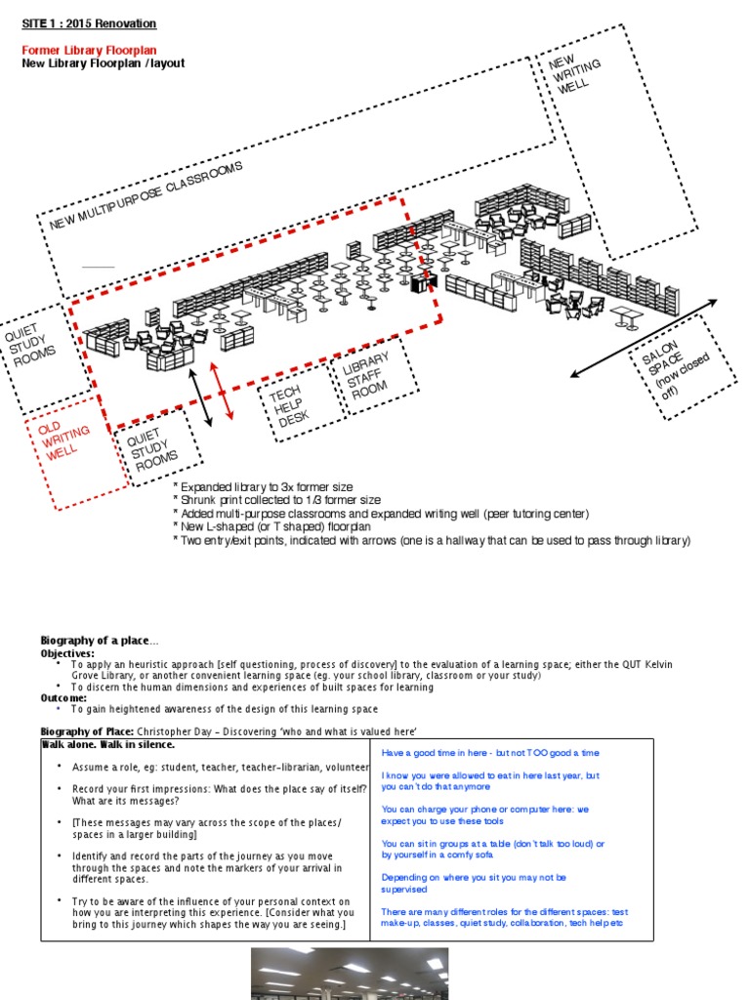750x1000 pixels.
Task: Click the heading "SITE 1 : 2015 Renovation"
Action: coord(89,23)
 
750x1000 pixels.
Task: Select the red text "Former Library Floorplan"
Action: coord(89,50)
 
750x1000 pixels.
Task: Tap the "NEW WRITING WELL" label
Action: coord(574,75)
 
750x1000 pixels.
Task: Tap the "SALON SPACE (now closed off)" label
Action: coord(675,366)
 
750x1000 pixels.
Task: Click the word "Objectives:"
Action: coord(67,652)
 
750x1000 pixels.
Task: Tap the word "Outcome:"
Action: coord(63,698)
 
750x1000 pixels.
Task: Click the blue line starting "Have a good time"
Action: coord(489,753)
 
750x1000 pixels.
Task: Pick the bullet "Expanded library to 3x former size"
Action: coord(263,486)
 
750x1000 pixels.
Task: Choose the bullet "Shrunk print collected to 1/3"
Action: coord(276,500)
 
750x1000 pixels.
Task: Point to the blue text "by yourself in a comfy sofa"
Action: coord(444,854)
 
